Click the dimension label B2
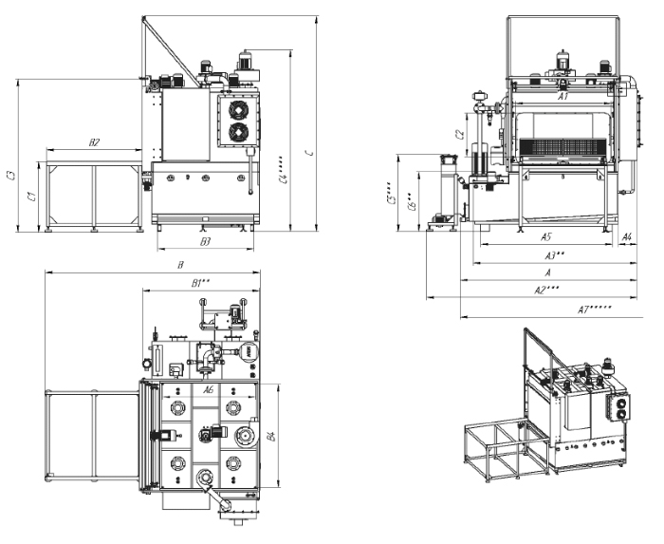coord(94,142)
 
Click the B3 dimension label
coord(205,243)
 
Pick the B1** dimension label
coord(200,282)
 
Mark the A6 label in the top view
coord(210,389)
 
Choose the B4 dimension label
coord(270,438)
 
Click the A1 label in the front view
coord(562,96)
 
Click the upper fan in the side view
coord(237,110)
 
